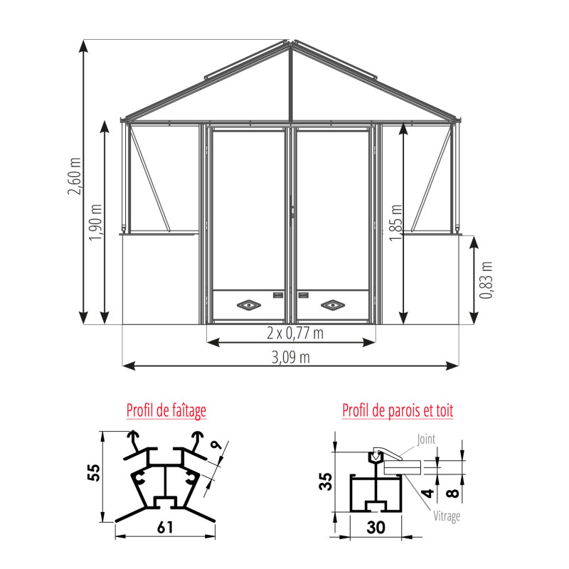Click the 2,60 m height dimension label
[x=75, y=176]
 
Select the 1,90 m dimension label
[x=96, y=222]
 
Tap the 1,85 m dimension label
[x=396, y=223]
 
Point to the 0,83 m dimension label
[x=486, y=280]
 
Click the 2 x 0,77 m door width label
[x=295, y=333]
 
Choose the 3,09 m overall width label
[x=291, y=358]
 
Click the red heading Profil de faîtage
[x=166, y=411]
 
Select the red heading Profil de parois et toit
[x=398, y=410]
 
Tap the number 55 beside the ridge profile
[x=94, y=472]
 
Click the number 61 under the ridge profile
[x=165, y=527]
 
